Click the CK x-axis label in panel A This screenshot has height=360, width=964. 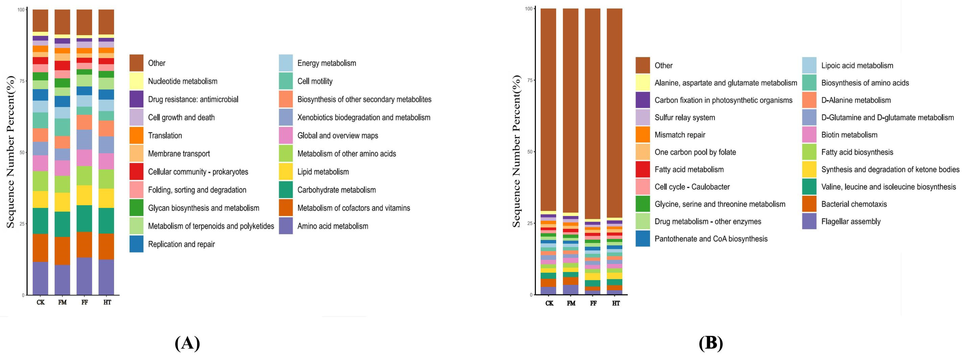point(40,302)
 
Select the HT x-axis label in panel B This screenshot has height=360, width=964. point(616,303)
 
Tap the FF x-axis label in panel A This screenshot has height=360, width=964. point(85,302)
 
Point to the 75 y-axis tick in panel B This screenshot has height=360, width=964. point(529,80)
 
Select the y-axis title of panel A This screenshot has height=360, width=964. point(10,152)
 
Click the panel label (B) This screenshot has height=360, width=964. point(711,343)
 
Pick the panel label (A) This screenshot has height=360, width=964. point(187,343)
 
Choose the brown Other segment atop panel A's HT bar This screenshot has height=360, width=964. point(106,22)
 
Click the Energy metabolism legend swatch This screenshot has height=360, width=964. point(286,63)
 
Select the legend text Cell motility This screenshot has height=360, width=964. point(315,81)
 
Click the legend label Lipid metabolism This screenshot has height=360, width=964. point(323,172)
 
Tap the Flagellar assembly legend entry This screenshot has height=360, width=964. point(851,222)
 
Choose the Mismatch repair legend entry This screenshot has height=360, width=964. point(680,135)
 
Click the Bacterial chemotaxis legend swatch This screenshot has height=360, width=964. point(809,204)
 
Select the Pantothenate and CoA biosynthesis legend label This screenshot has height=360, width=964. point(711,239)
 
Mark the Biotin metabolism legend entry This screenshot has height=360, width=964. point(849,135)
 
